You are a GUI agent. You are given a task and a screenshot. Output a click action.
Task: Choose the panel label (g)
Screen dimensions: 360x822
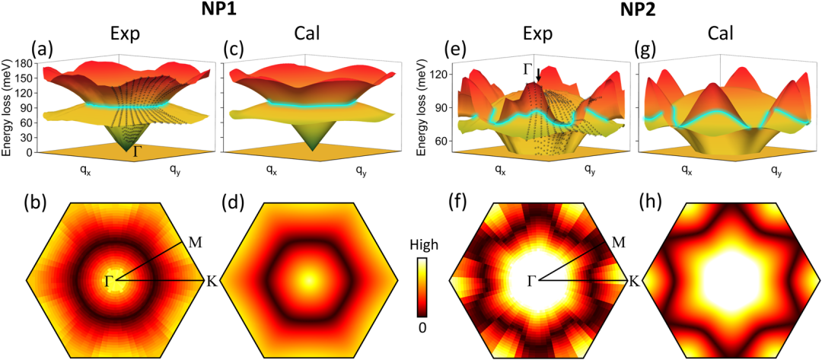645,49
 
